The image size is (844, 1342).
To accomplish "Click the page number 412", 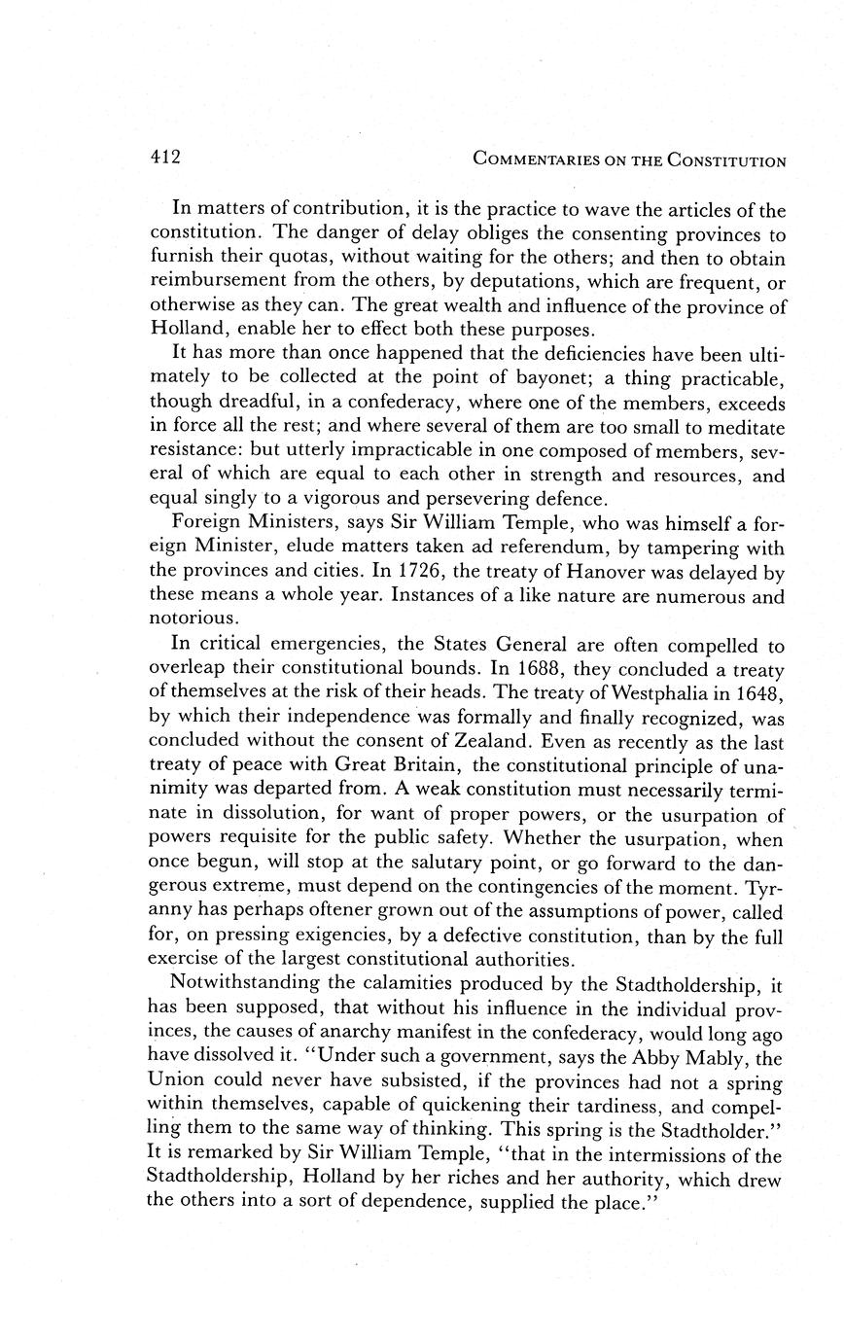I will point(165,158).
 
